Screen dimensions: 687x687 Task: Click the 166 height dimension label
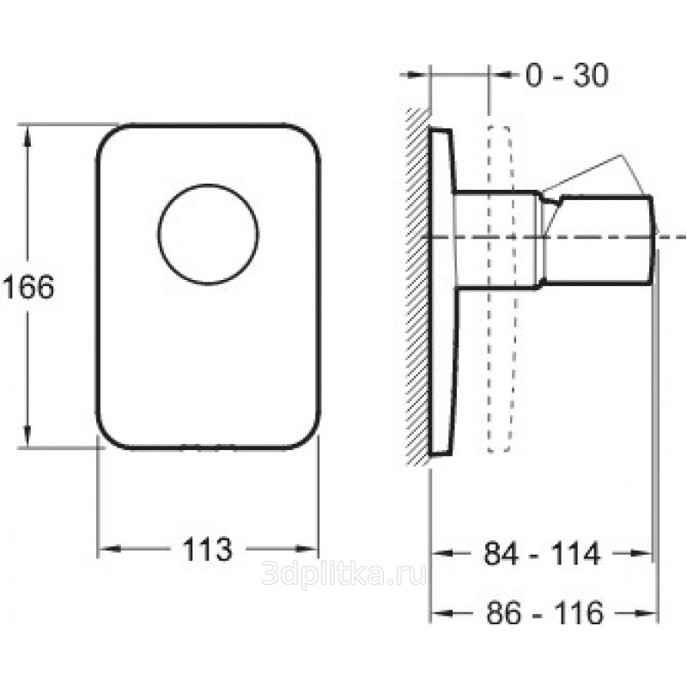(28, 288)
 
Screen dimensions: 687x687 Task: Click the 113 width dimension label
(207, 550)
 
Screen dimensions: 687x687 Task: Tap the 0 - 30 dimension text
(567, 75)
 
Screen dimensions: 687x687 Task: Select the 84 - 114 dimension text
(542, 554)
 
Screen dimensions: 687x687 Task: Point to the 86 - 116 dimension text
(545, 612)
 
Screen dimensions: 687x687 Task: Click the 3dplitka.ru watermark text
(343, 574)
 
